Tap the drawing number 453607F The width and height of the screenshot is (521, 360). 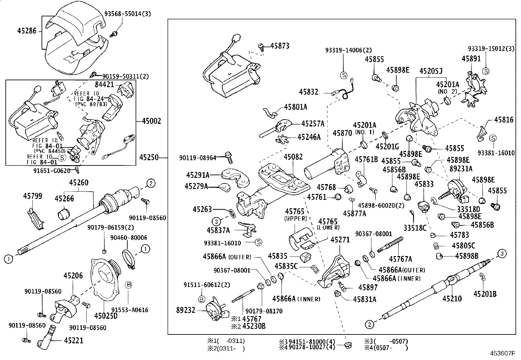[502, 354]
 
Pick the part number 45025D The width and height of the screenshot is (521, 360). [106, 315]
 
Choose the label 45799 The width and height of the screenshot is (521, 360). [32, 196]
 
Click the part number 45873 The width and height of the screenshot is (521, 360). [280, 46]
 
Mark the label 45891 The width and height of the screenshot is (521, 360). [471, 59]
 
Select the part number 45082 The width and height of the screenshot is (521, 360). [293, 157]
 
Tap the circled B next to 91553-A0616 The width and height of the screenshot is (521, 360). [129, 285]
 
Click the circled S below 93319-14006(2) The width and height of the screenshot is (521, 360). [344, 75]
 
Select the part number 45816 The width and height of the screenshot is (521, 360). [504, 120]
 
